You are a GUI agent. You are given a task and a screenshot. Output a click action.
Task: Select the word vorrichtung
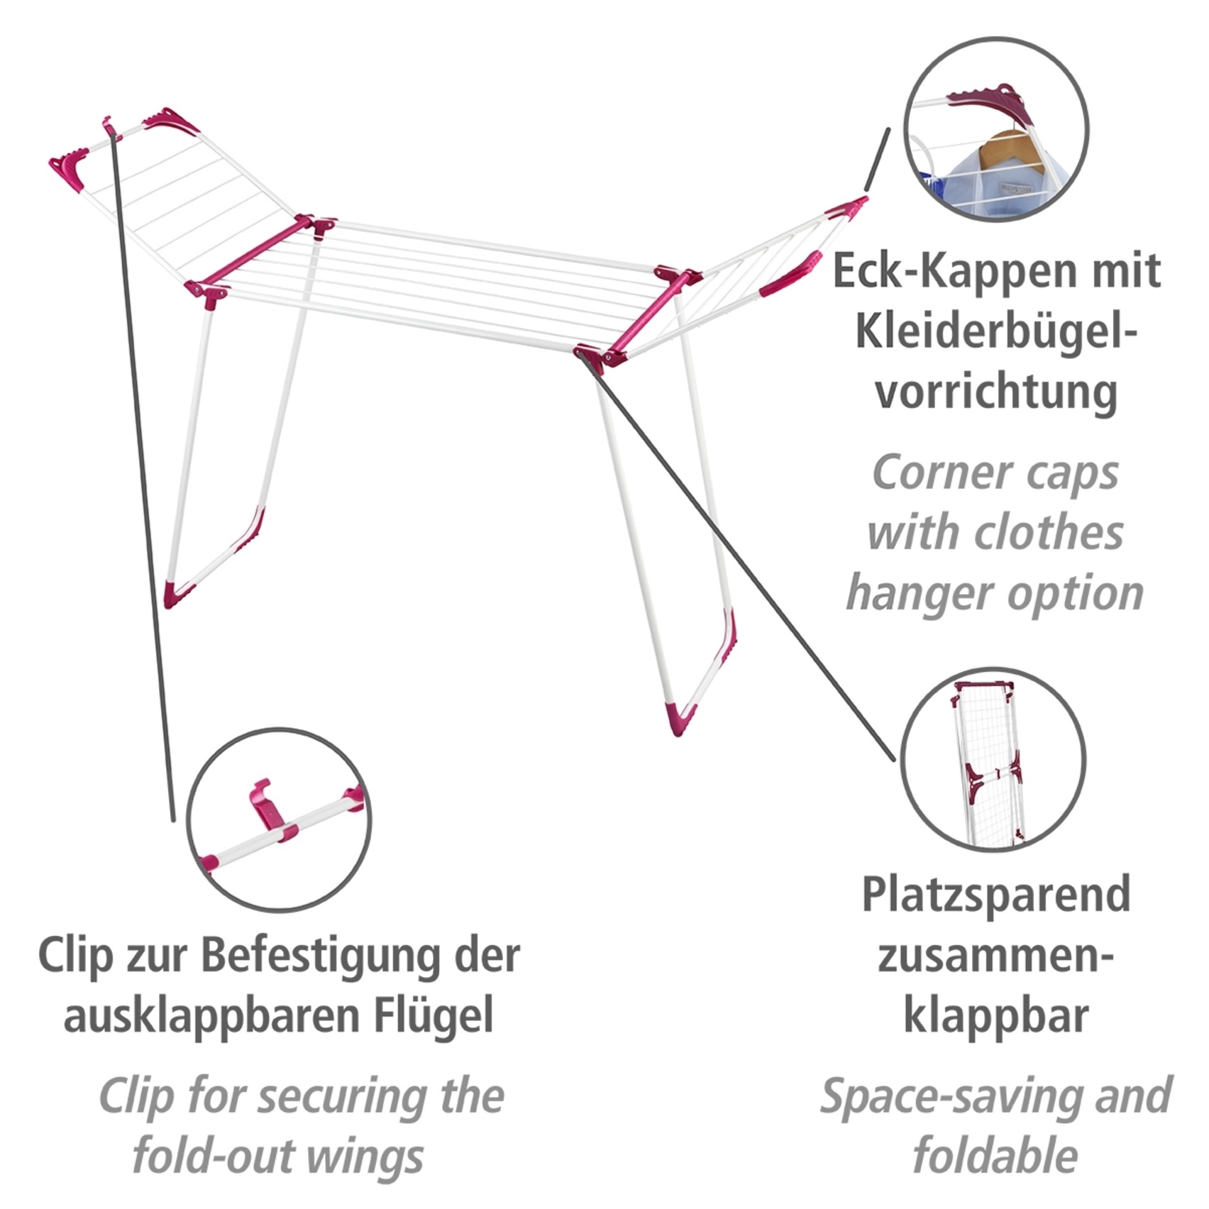pyautogui.click(x=995, y=392)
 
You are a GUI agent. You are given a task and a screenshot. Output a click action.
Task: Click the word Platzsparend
pyautogui.click(x=995, y=895)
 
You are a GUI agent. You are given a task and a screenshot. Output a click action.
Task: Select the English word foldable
pyautogui.click(x=995, y=1156)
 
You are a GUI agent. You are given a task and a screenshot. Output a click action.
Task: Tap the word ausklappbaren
pyautogui.click(x=213, y=1016)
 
